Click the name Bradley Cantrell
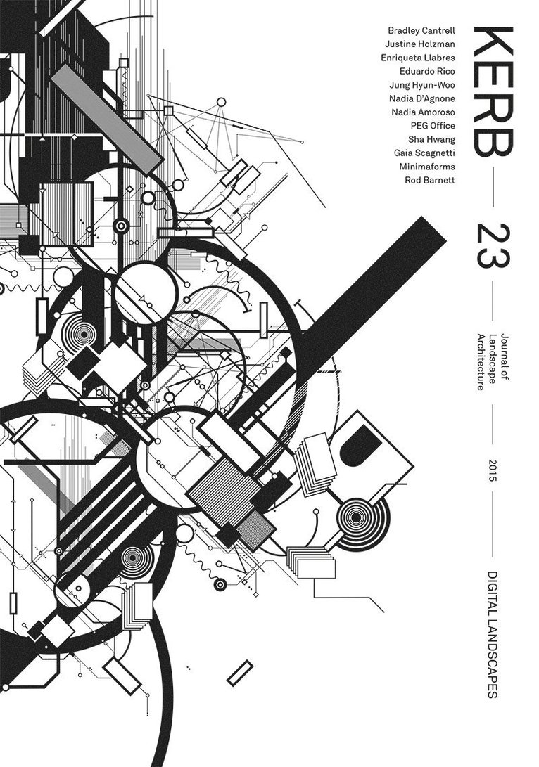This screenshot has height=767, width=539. (421, 31)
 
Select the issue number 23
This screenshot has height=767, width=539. (493, 245)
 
